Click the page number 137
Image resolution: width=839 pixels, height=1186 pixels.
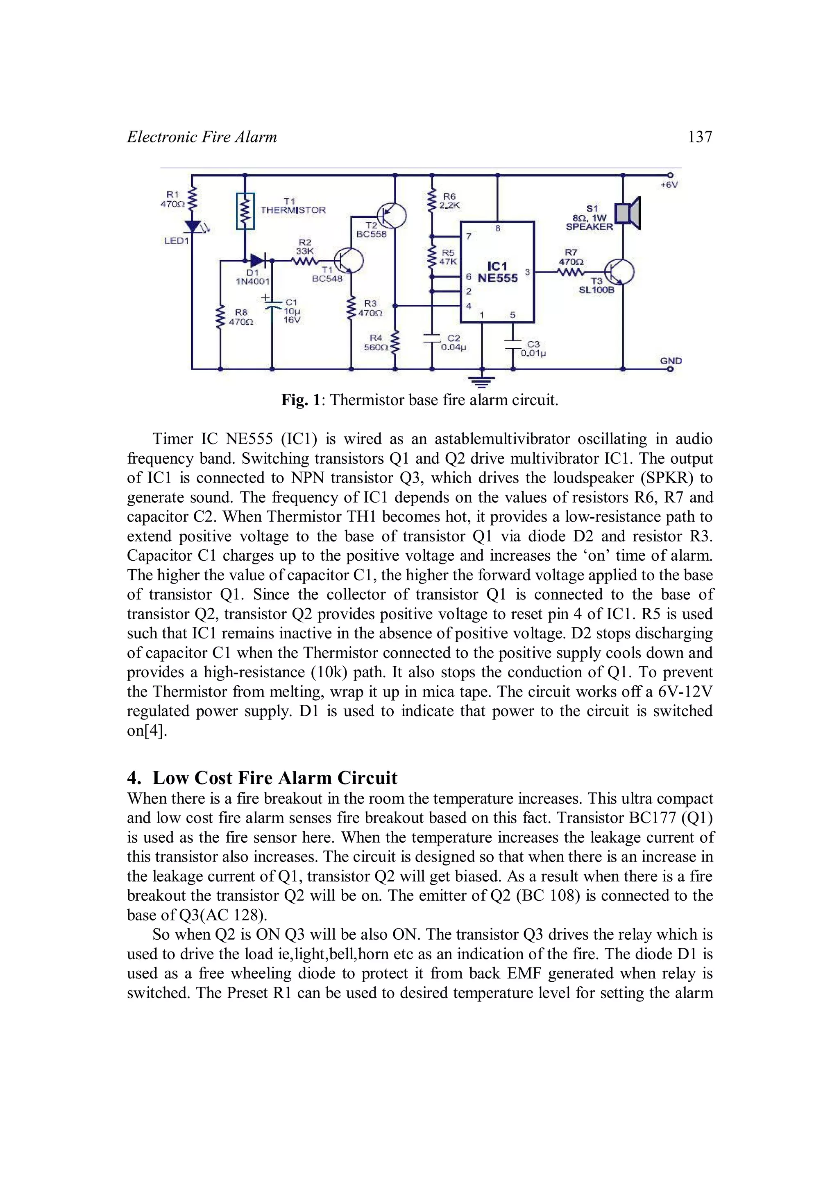[700, 137]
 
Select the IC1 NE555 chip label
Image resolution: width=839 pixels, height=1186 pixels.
[497, 272]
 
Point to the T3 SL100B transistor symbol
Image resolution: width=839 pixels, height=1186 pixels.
[620, 272]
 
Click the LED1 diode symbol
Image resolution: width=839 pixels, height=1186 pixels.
[193, 226]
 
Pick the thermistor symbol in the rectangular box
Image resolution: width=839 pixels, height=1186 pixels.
[245, 211]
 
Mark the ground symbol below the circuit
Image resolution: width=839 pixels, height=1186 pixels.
[482, 382]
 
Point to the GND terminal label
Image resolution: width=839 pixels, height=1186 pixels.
[671, 361]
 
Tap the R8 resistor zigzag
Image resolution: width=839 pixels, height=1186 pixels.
[221, 317]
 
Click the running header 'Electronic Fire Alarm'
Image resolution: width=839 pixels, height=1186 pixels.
[202, 137]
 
